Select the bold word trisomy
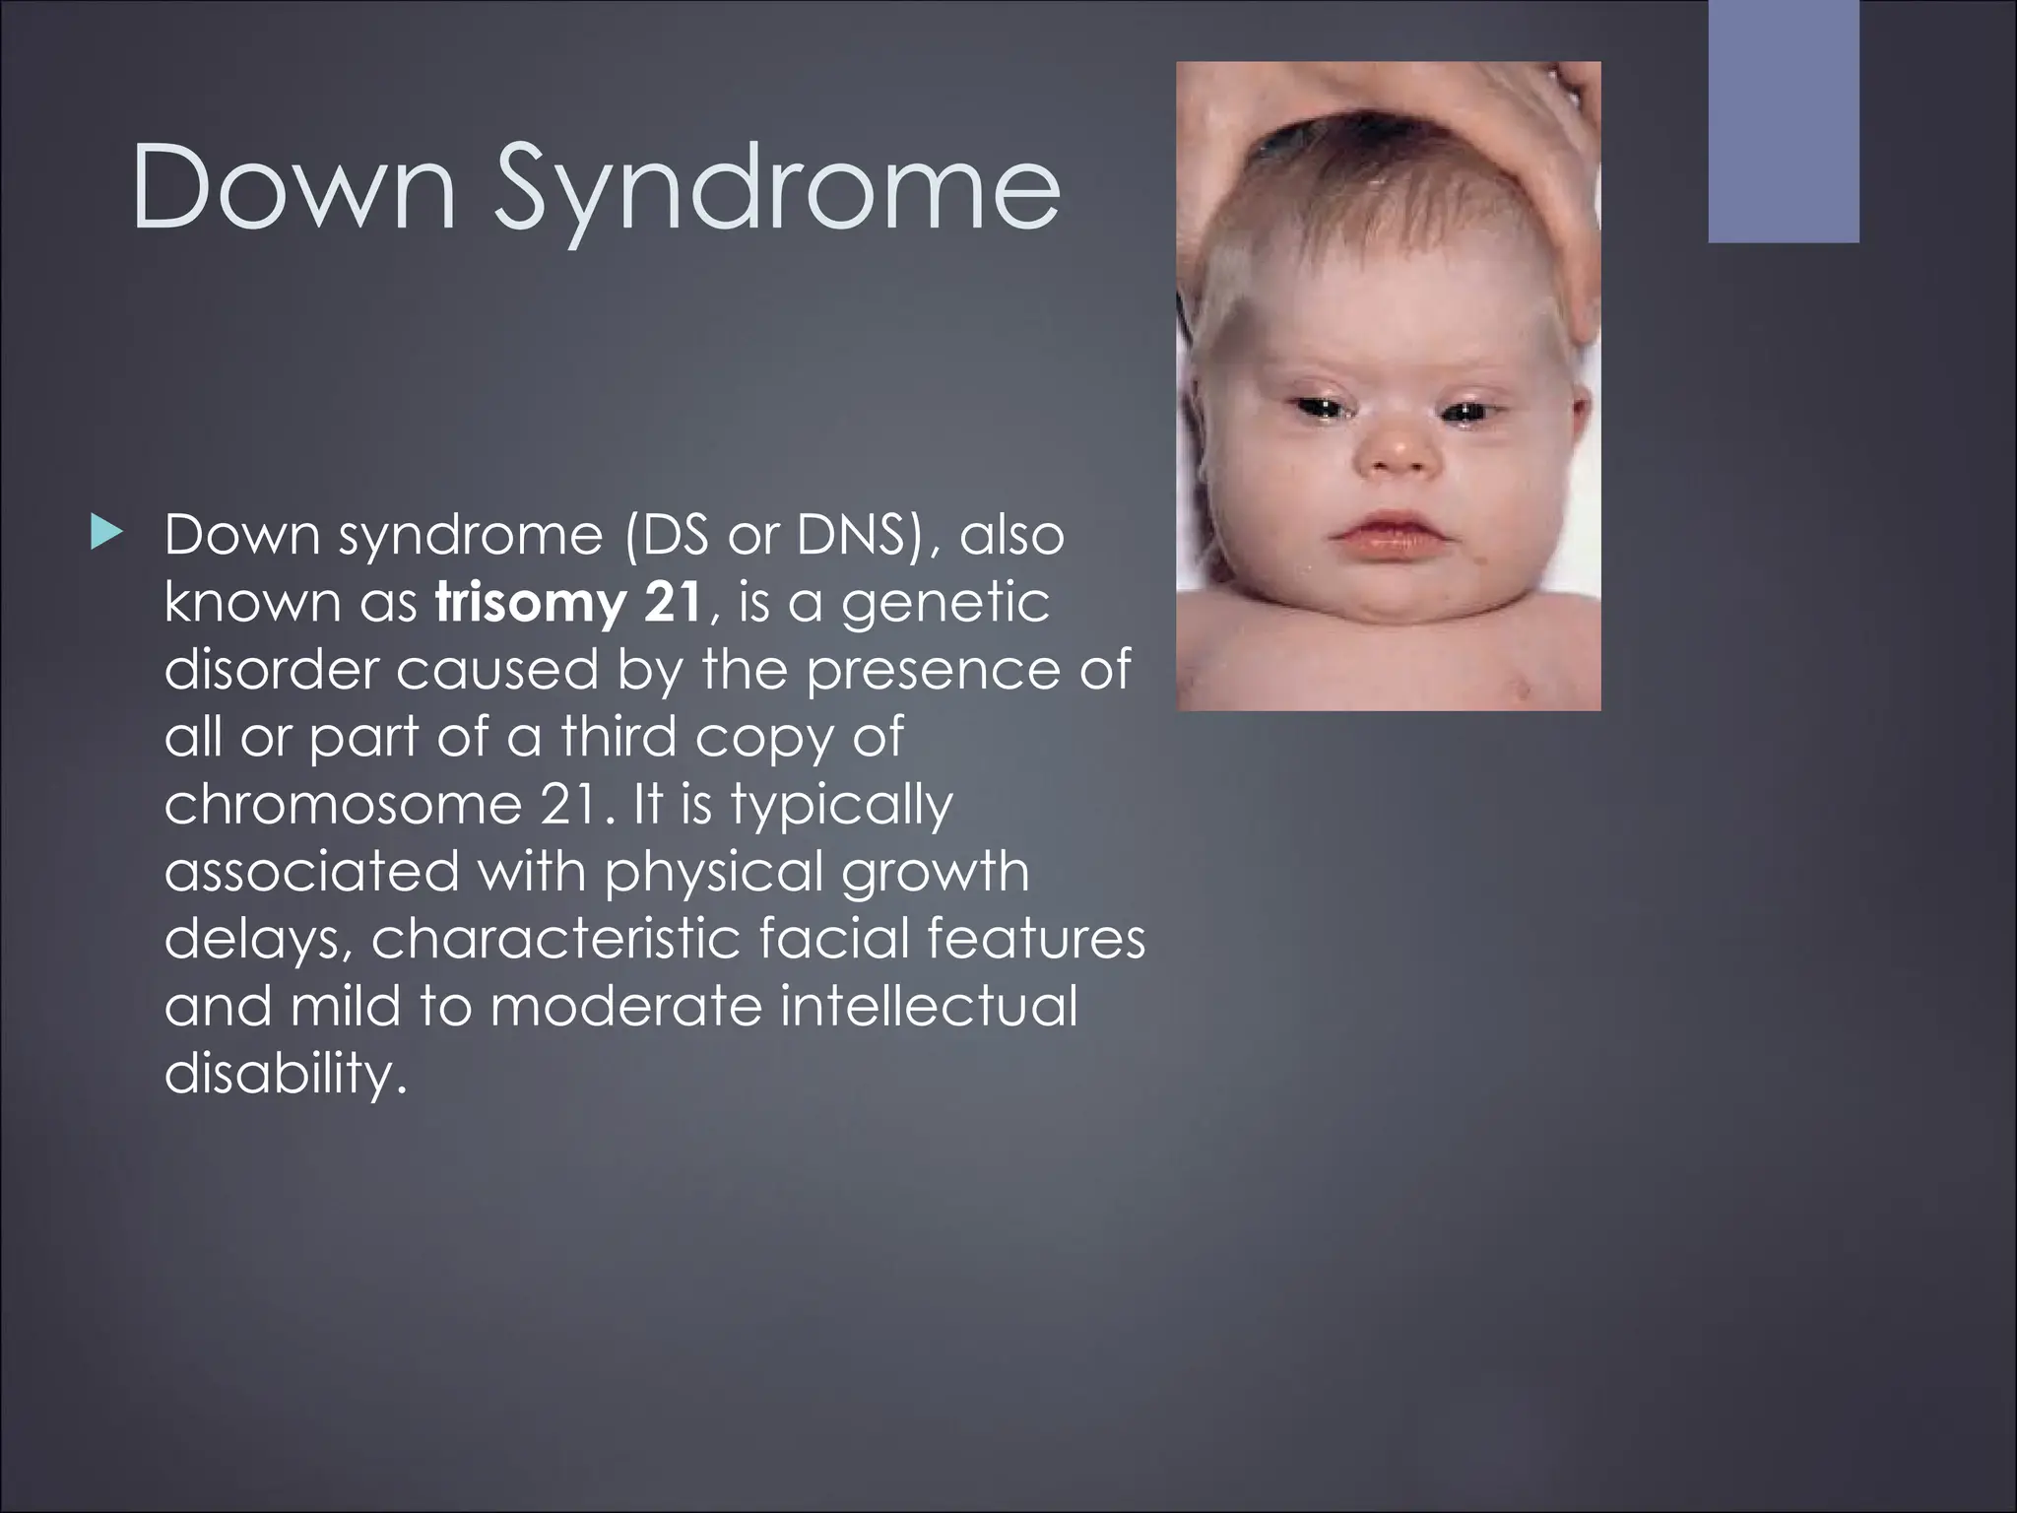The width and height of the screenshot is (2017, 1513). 528,603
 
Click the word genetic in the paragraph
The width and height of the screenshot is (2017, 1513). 944,603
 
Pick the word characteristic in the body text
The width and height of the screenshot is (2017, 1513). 555,939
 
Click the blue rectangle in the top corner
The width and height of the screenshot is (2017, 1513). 1783,120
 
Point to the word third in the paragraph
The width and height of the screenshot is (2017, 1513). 618,737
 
